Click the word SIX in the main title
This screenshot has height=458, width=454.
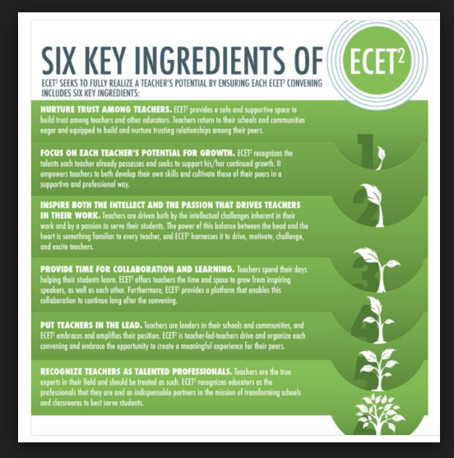(58, 61)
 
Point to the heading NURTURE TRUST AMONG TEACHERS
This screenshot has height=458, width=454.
(106, 109)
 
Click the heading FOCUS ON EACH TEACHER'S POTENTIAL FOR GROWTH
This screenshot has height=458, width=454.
(137, 153)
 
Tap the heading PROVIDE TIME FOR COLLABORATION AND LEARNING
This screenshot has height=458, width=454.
(137, 269)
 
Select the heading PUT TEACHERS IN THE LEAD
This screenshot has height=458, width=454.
(91, 325)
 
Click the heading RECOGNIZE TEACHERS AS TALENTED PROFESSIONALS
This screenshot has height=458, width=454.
(137, 372)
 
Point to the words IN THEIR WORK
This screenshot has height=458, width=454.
(71, 215)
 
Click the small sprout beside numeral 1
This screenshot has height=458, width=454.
(380, 158)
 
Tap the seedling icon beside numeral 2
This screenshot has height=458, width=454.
(372, 206)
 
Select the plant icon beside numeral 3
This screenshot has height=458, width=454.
(378, 271)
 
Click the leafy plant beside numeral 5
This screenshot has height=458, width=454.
(378, 369)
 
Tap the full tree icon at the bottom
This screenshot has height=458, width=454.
(379, 414)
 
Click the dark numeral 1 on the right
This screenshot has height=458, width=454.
(365, 151)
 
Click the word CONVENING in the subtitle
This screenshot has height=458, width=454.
(304, 83)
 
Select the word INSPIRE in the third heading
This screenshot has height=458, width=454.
(54, 205)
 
